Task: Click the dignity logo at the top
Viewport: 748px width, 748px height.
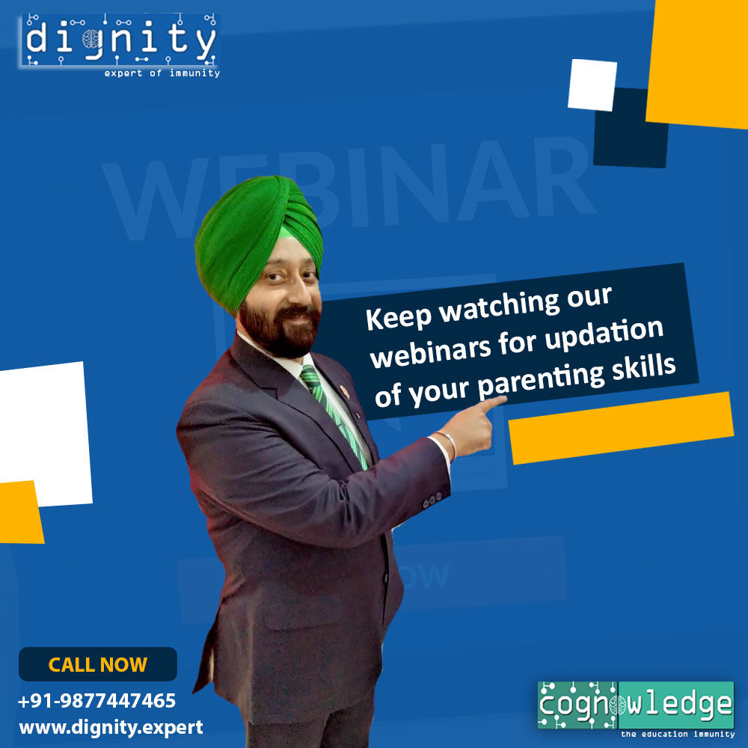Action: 119,40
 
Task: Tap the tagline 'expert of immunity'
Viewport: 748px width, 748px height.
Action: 162,73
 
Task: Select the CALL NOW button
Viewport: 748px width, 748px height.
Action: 98,664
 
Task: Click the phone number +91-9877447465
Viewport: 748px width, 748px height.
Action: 96,701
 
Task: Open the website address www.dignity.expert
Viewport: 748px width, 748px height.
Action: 111,728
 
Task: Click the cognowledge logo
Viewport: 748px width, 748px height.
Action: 635,705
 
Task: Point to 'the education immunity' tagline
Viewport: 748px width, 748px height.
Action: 678,735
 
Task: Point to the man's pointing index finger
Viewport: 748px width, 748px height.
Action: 491,405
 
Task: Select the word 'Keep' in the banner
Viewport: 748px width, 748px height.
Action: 399,317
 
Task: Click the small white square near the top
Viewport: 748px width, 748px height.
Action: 592,85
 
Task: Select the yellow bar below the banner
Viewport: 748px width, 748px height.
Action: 621,428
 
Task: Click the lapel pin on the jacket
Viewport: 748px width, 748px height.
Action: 344,392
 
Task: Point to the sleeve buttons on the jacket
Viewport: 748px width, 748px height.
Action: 432,500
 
